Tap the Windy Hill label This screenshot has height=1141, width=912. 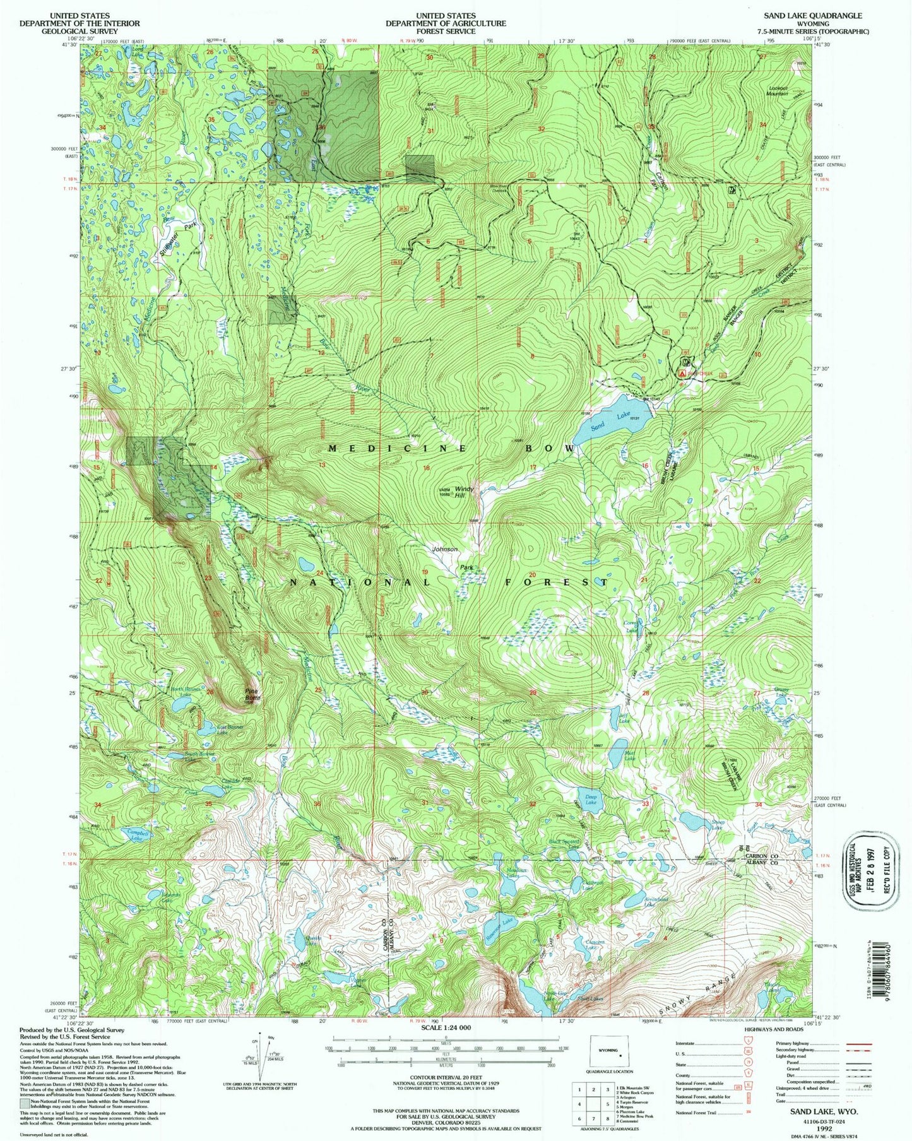464,492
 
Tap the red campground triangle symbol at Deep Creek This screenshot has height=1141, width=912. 682,374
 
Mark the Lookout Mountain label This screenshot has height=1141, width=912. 778,90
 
